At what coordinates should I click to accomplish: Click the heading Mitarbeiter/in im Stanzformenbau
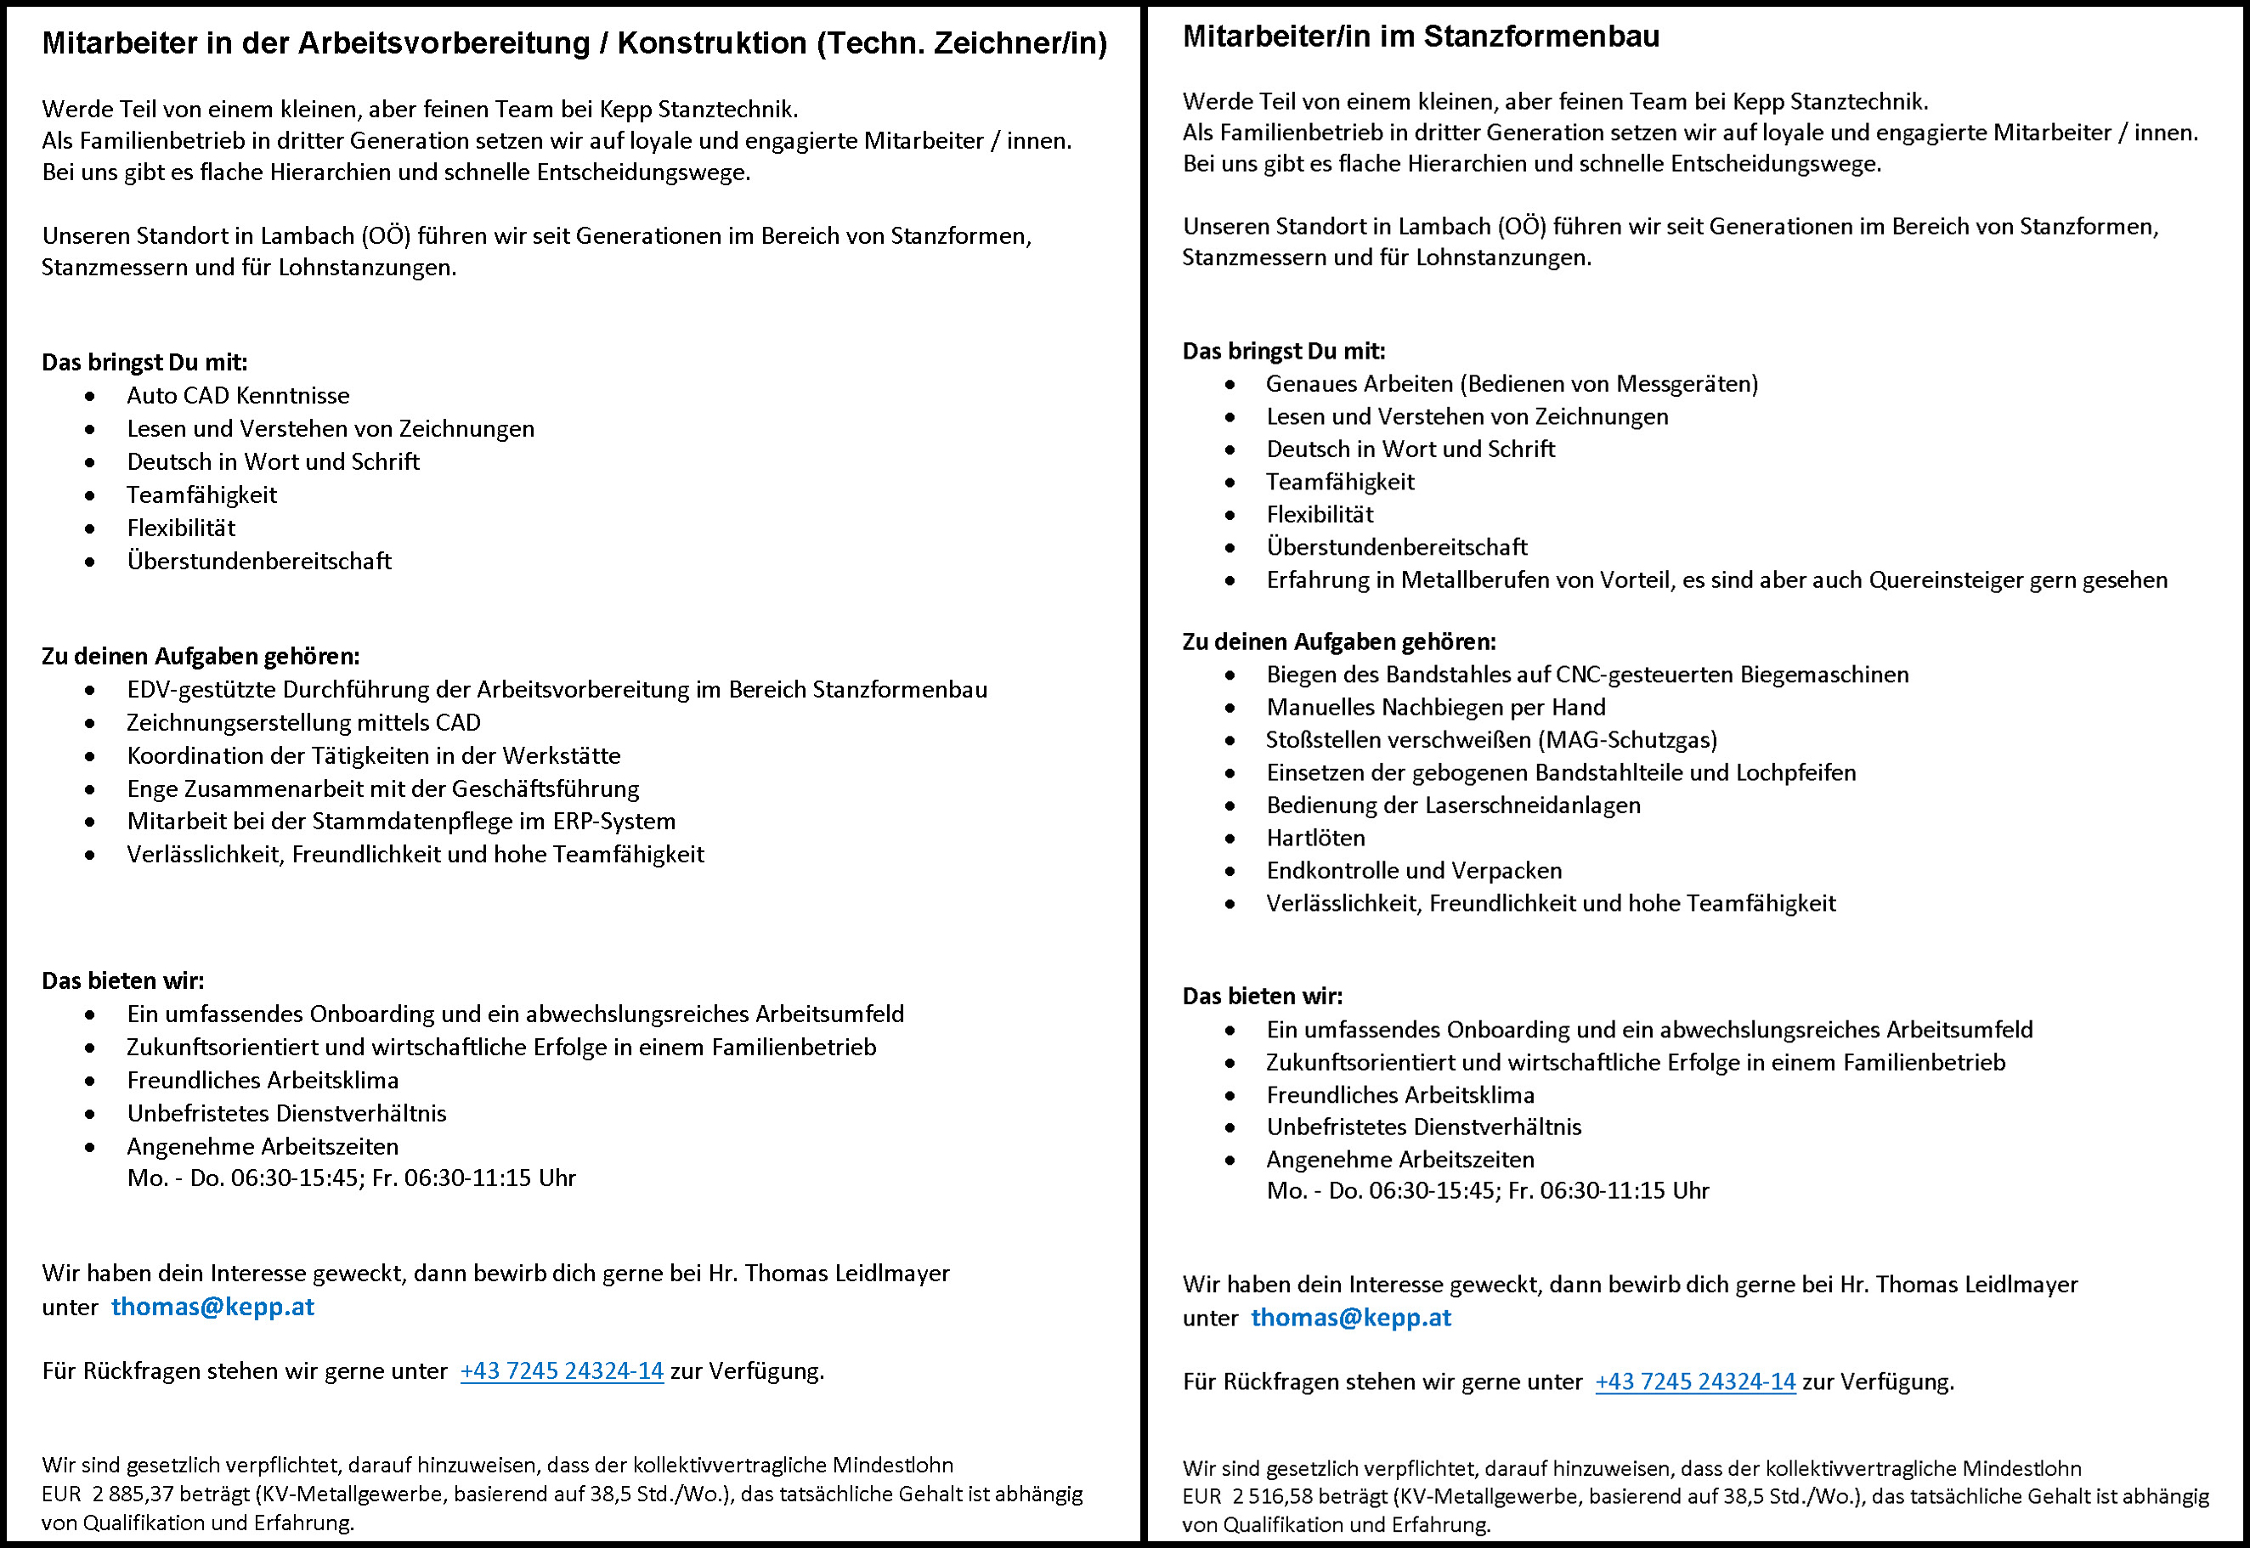[x=1421, y=37]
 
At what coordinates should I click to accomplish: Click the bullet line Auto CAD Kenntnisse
[x=238, y=396]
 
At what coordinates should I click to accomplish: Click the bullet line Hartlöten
[x=1315, y=838]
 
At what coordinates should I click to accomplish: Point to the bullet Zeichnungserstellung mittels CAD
[x=303, y=722]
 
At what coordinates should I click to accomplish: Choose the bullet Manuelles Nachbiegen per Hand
[x=1435, y=707]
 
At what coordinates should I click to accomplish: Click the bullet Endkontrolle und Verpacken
[x=1414, y=871]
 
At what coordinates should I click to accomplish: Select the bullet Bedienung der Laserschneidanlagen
[x=1453, y=805]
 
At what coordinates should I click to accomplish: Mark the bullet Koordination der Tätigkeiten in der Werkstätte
[x=373, y=755]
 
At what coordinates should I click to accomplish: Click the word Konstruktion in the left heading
[x=712, y=43]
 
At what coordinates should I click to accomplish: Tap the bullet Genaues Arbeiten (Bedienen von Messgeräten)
[x=1511, y=384]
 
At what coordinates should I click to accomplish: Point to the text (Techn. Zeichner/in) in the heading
[x=961, y=43]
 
